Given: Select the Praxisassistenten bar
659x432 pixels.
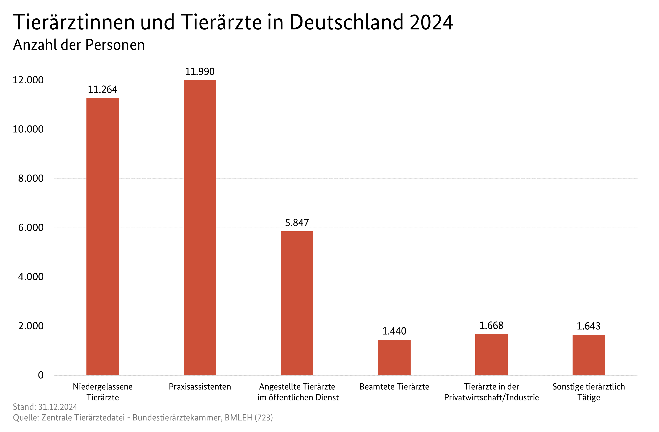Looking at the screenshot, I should (200, 228).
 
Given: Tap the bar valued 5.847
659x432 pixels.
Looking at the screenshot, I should (297, 303).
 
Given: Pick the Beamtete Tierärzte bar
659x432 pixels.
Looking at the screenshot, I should (394, 357).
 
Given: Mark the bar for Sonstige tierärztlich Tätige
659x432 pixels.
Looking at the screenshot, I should (589, 355).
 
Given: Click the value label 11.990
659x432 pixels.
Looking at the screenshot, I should (200, 72).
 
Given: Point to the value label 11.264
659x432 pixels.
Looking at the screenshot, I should (102, 89).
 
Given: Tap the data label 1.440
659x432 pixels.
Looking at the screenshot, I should (394, 331).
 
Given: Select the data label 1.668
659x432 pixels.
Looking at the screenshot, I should (492, 326).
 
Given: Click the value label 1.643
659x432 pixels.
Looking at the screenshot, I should (589, 326).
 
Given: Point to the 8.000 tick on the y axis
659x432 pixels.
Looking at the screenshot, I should (31, 179).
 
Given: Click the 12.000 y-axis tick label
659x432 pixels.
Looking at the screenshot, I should (28, 80).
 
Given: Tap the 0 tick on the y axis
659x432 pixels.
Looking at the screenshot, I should (41, 375).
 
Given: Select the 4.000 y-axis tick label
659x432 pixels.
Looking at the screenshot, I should (31, 277).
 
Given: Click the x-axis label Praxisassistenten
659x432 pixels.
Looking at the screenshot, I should (200, 387).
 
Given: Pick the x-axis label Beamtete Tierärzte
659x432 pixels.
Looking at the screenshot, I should (394, 387).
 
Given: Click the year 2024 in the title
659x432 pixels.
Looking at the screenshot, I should (431, 22).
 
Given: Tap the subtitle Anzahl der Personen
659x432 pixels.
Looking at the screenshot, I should (79, 45).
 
